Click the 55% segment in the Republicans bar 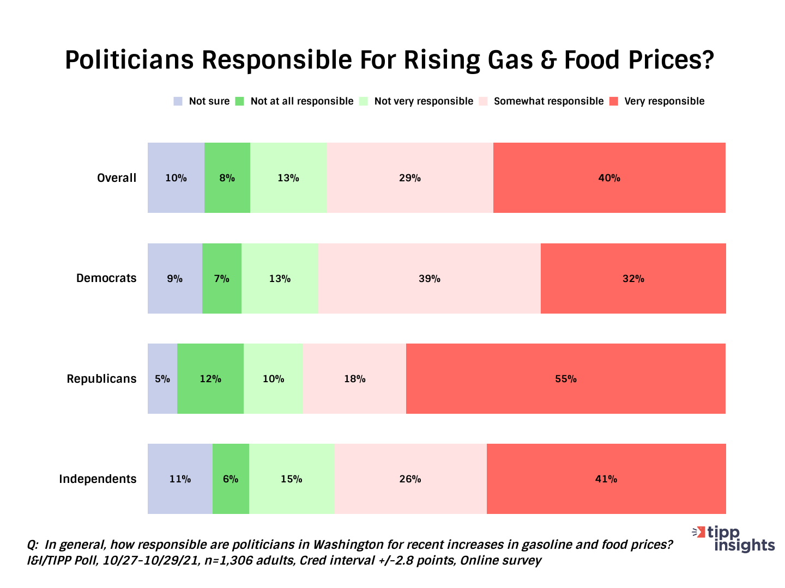(566, 378)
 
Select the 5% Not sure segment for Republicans (162, 378)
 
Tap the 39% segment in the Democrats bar (430, 278)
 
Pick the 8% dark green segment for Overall (227, 177)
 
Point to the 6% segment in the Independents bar (231, 479)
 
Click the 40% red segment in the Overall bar (609, 177)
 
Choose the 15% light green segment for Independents (292, 479)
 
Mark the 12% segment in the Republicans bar (210, 378)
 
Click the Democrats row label (106, 278)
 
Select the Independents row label (98, 479)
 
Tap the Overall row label (117, 177)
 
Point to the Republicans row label (101, 378)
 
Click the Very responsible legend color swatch (614, 101)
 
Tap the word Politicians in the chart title (129, 60)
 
